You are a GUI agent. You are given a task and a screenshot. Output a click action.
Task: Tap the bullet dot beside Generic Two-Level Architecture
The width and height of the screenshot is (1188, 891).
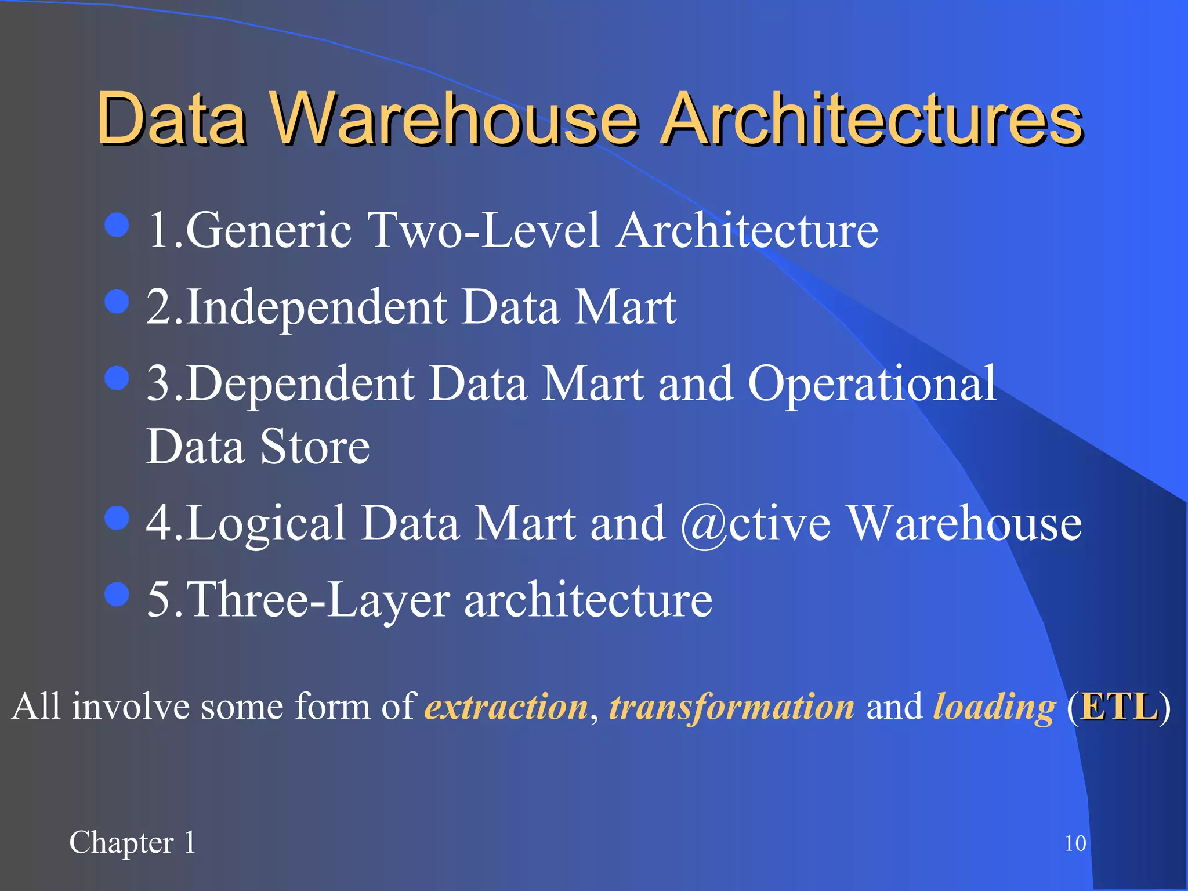click(117, 226)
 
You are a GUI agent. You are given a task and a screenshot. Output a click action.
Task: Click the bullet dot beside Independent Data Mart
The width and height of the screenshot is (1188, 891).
click(117, 302)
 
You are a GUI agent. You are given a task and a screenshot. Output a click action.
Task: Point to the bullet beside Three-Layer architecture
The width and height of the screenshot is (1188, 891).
click(117, 595)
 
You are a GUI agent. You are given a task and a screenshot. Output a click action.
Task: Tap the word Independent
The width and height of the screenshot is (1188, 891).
click(317, 307)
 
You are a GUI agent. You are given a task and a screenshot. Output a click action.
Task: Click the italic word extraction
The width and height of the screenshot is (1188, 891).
click(506, 707)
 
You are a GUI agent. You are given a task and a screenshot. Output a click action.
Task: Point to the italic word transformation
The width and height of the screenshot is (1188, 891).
click(731, 707)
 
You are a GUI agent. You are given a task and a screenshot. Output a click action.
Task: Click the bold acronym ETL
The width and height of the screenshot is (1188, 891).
click(1119, 707)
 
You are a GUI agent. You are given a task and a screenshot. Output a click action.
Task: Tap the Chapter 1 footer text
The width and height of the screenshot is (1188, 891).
click(133, 843)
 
